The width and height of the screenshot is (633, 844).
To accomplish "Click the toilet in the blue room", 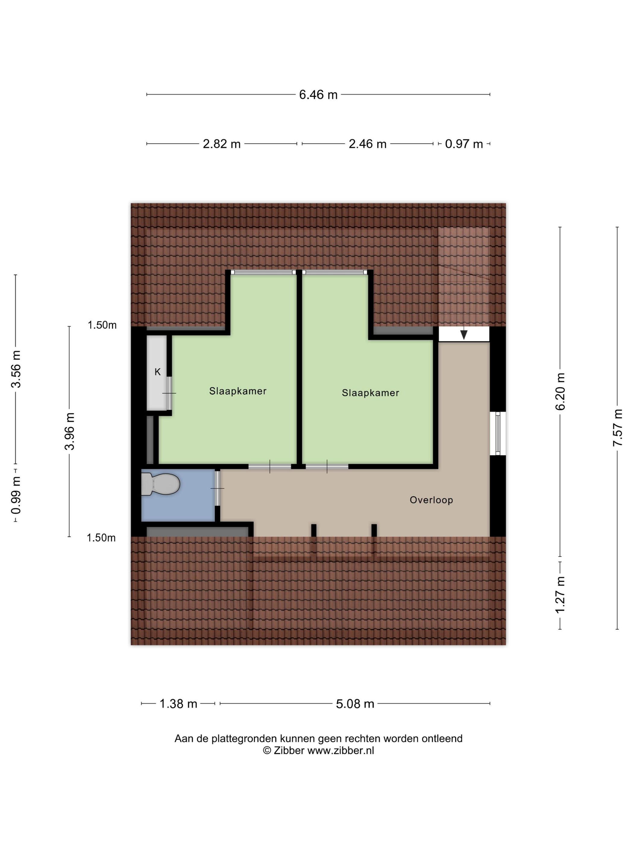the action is (x=160, y=484).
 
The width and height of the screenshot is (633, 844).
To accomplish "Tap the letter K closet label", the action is (x=158, y=372).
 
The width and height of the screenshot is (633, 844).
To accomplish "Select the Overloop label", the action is (x=431, y=500).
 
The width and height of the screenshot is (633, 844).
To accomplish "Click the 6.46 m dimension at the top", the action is (x=318, y=95).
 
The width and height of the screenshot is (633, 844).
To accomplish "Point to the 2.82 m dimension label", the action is (x=222, y=144).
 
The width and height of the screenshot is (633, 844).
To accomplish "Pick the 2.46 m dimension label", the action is (x=367, y=144).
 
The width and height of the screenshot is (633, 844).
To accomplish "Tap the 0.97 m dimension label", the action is (x=464, y=144).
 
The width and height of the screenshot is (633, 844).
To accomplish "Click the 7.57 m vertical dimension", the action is (x=617, y=428).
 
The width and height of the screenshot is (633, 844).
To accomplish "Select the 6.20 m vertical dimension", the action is (x=560, y=392).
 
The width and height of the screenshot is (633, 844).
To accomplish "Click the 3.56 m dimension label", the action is (x=16, y=369).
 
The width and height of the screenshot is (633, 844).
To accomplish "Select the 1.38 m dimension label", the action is (x=178, y=704).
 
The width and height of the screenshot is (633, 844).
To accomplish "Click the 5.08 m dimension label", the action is (x=355, y=704).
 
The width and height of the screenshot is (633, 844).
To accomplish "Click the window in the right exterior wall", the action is (x=498, y=433).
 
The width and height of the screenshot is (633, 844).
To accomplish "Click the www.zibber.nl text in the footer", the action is (x=341, y=751).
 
